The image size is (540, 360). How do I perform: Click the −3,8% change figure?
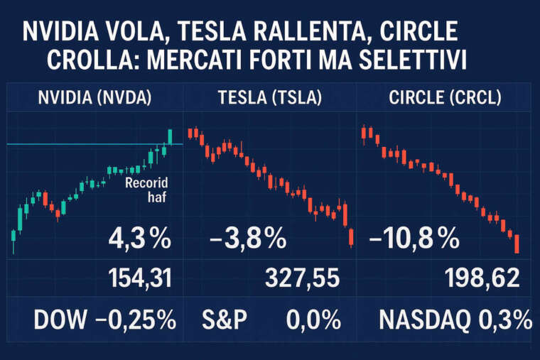click(249, 239)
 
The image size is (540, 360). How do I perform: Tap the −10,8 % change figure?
click(414, 239)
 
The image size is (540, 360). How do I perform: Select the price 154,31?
click(139, 278)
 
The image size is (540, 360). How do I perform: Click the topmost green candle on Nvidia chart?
click(171, 136)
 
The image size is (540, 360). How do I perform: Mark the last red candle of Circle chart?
click(517, 243)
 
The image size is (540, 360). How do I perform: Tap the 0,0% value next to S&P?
click(313, 320)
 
